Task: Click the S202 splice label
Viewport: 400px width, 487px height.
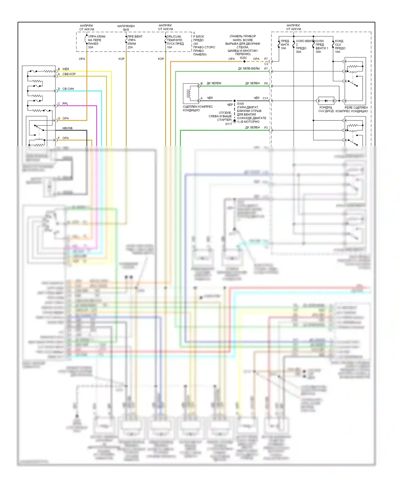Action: [x=243, y=58]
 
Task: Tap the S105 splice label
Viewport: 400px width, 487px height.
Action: [x=240, y=104]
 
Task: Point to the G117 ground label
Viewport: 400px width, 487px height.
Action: [x=229, y=124]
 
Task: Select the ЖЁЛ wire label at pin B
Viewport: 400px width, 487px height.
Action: [x=66, y=69]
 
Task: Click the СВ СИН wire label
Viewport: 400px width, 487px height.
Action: [x=68, y=89]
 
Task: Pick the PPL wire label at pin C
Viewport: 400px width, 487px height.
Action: [x=65, y=104]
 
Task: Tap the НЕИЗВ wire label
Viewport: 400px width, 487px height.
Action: [x=67, y=128]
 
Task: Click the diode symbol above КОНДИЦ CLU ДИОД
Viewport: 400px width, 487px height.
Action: [x=326, y=101]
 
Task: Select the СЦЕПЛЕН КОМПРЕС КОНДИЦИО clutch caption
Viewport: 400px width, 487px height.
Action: [x=198, y=108]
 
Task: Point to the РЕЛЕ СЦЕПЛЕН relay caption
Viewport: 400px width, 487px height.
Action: [x=356, y=108]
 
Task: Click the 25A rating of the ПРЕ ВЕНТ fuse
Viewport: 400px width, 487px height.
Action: [x=130, y=47]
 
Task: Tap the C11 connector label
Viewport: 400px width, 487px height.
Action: [x=265, y=98]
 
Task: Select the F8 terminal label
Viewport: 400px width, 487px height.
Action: [x=266, y=84]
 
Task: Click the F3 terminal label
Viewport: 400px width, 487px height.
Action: [x=266, y=128]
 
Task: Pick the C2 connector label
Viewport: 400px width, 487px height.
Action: [x=266, y=64]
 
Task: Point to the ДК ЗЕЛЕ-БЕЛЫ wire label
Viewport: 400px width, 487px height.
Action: [x=249, y=68]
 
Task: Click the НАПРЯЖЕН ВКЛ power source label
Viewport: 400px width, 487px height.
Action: [x=126, y=28]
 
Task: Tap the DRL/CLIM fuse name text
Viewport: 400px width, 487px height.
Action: [x=174, y=36]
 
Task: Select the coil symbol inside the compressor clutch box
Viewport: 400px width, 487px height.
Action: [x=190, y=93]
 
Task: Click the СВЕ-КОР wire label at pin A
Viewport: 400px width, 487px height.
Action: [x=69, y=74]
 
